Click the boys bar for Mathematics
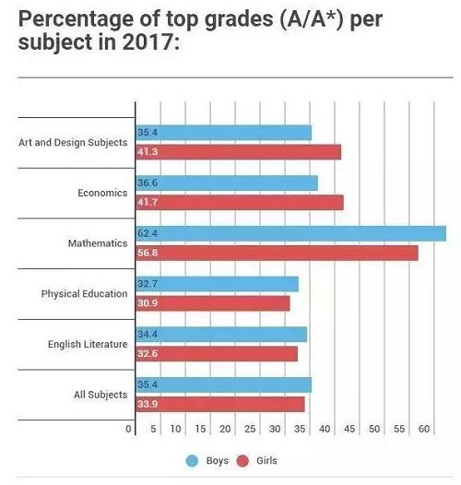(x=290, y=233)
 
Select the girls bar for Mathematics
(x=277, y=253)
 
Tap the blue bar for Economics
(x=227, y=183)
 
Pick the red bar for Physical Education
(x=213, y=303)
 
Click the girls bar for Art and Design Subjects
(x=239, y=152)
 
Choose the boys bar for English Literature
(x=221, y=335)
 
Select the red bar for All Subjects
(x=220, y=404)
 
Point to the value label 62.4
(x=148, y=233)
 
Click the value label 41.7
(x=148, y=202)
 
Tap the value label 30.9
(x=148, y=303)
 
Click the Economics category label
(x=102, y=193)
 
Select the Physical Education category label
(x=84, y=294)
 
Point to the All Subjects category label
(x=100, y=395)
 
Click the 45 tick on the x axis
(x=349, y=429)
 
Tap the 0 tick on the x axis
(x=128, y=429)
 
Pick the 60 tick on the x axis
(x=424, y=429)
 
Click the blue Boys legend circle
(x=192, y=461)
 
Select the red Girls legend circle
(x=242, y=461)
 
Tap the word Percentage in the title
(x=77, y=19)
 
